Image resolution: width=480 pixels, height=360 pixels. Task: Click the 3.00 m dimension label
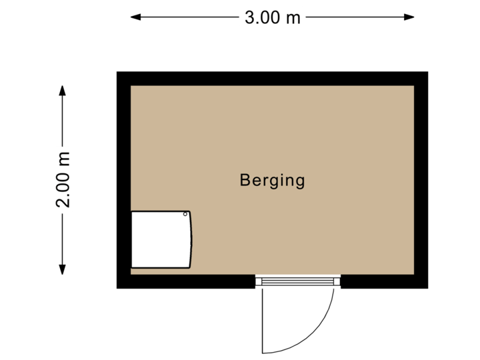coord(272,18)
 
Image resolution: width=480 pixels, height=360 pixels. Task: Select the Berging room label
coord(272,180)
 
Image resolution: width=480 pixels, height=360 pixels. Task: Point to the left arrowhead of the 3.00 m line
coord(134,17)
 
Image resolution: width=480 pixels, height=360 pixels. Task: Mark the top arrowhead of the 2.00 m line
coord(62,89)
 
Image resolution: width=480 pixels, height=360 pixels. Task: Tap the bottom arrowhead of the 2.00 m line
coord(62,271)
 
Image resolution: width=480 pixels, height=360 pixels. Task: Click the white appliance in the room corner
coord(161,239)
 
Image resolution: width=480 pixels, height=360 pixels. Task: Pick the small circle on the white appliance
coord(186,215)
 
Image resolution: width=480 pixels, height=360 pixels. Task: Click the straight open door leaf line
coord(263,320)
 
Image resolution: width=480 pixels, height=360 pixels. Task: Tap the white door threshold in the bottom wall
coord(298,282)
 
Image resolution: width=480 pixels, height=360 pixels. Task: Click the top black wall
coord(272,78)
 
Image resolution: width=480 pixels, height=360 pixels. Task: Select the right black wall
coord(421,180)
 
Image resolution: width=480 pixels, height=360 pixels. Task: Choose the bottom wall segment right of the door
coord(383,281)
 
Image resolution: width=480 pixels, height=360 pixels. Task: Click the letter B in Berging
coord(245,180)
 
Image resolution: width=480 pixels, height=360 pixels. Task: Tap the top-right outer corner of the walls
coord(427,72)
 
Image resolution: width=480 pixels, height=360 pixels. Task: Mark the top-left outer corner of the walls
coord(117,72)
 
